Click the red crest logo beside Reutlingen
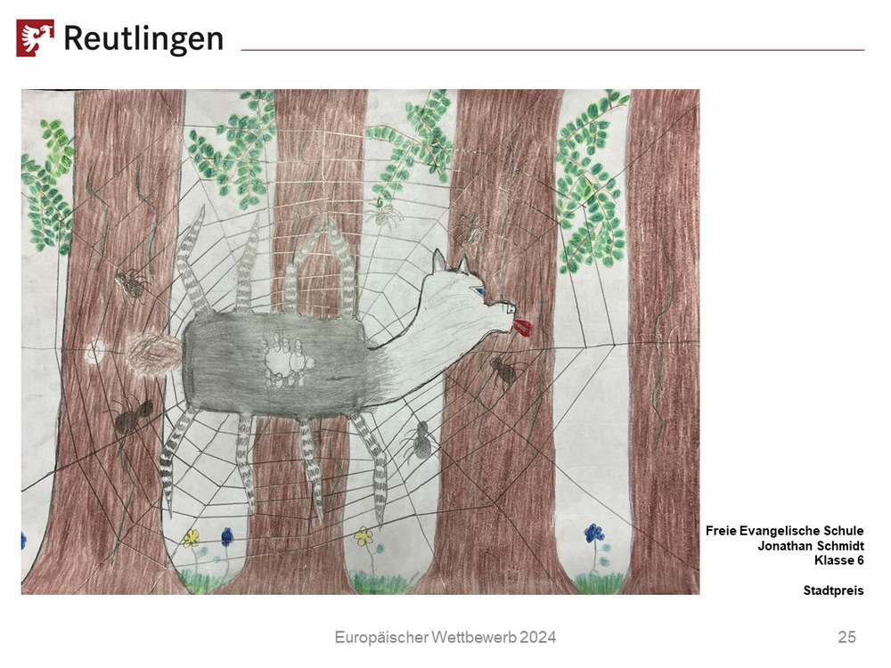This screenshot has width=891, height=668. [x=36, y=38]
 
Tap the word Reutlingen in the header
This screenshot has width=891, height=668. [x=143, y=39]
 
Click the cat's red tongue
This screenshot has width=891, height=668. [x=523, y=327]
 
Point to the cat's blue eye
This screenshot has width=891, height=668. [x=481, y=291]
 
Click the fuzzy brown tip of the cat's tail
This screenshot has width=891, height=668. [x=153, y=354]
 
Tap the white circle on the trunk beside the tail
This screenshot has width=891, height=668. [x=94, y=352]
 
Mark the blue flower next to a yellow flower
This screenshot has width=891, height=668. [x=226, y=536]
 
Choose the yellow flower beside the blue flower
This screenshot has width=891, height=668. [x=192, y=537]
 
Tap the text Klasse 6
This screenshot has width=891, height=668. [x=838, y=560]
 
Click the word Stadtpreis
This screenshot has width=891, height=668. [x=834, y=591]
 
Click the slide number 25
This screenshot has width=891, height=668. [x=846, y=638]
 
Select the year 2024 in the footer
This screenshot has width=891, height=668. [x=537, y=638]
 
